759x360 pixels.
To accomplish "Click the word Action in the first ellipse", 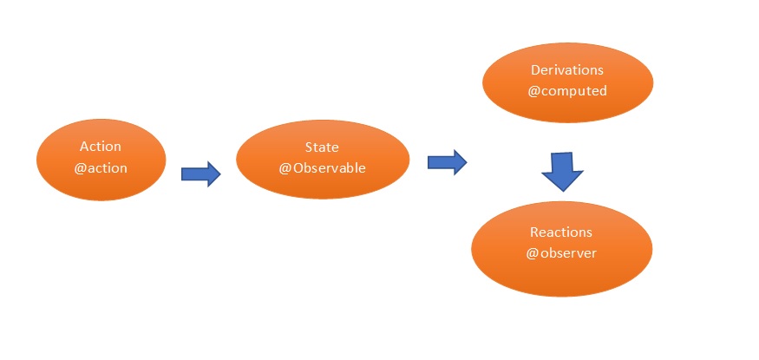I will point(101,147).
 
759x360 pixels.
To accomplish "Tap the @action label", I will point(101,167).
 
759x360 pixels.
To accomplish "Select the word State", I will point(322,147).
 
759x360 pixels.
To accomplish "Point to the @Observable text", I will point(322,167).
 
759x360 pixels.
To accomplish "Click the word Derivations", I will point(566,69).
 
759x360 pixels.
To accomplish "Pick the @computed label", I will point(566,89).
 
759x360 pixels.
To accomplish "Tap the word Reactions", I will point(561,232).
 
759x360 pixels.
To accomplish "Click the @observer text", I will point(561,253).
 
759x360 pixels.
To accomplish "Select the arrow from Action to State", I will point(200,173).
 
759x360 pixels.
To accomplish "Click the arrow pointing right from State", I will point(447,161).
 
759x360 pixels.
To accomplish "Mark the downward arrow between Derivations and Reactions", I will point(563,172).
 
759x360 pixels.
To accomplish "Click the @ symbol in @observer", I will point(532,253).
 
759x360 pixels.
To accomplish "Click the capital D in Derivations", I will point(535,69).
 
